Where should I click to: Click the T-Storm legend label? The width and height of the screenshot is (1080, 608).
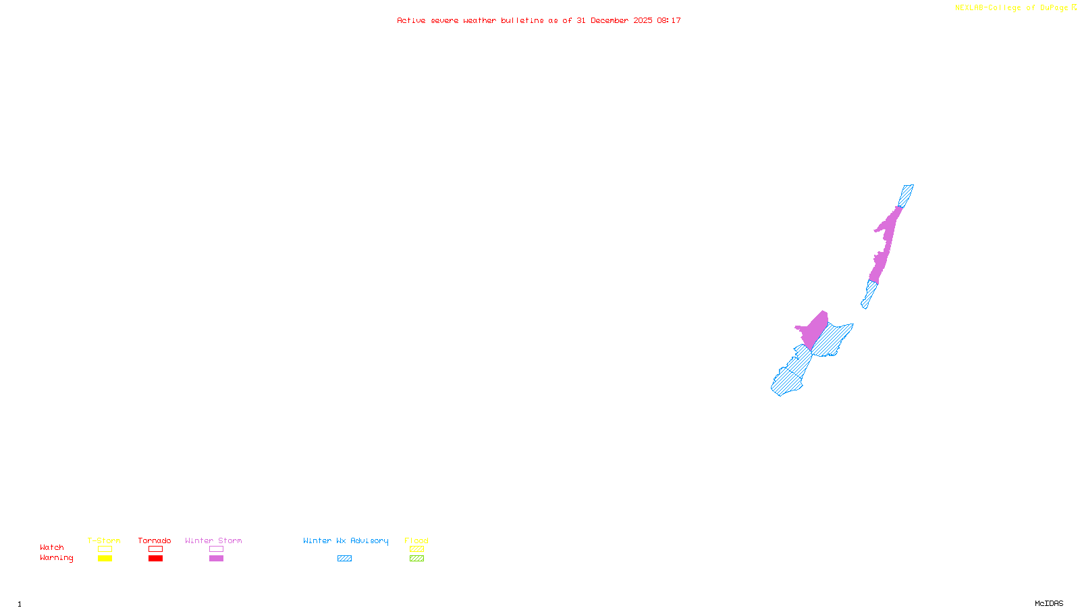coord(104,540)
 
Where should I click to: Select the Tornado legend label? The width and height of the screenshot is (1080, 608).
coord(155,540)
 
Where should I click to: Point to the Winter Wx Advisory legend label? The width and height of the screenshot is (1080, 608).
coord(346,540)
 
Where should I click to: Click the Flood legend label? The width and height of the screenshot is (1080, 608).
coord(416,540)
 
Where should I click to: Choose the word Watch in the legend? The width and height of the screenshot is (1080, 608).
coord(52,547)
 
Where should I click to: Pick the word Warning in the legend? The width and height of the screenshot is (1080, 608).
coord(57,558)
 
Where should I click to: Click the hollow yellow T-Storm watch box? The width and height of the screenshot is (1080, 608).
coord(105,549)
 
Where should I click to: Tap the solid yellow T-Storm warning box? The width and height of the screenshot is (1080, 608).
coord(105,559)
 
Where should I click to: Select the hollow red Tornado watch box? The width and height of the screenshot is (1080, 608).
coord(155,549)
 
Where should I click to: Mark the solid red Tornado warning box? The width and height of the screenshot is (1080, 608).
coord(155,559)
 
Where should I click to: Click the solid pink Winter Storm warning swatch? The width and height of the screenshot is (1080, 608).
coord(216,559)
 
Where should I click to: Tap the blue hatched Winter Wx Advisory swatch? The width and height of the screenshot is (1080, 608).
coord(344,559)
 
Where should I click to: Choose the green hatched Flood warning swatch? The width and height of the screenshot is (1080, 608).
coord(416,559)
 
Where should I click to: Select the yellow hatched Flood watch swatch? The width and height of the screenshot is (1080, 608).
coord(416,549)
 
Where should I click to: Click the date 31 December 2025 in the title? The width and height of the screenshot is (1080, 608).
coord(614,20)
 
